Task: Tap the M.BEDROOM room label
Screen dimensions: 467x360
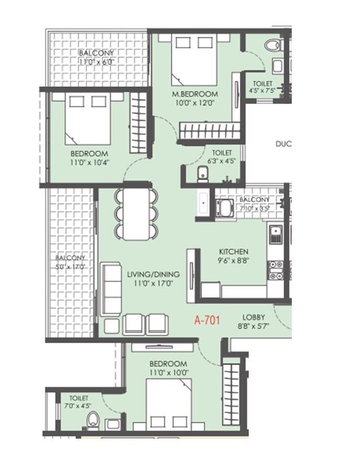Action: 195,94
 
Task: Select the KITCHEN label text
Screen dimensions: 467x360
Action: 234,252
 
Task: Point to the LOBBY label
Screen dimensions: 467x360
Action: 253,317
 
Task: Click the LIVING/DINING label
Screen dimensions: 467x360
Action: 153,274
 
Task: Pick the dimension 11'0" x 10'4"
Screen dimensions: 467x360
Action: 89,162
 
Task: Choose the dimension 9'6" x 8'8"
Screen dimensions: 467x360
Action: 234,260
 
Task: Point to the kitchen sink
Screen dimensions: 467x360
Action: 276,234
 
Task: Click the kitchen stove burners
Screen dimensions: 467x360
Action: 276,269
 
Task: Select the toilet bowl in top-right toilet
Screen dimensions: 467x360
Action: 273,46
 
